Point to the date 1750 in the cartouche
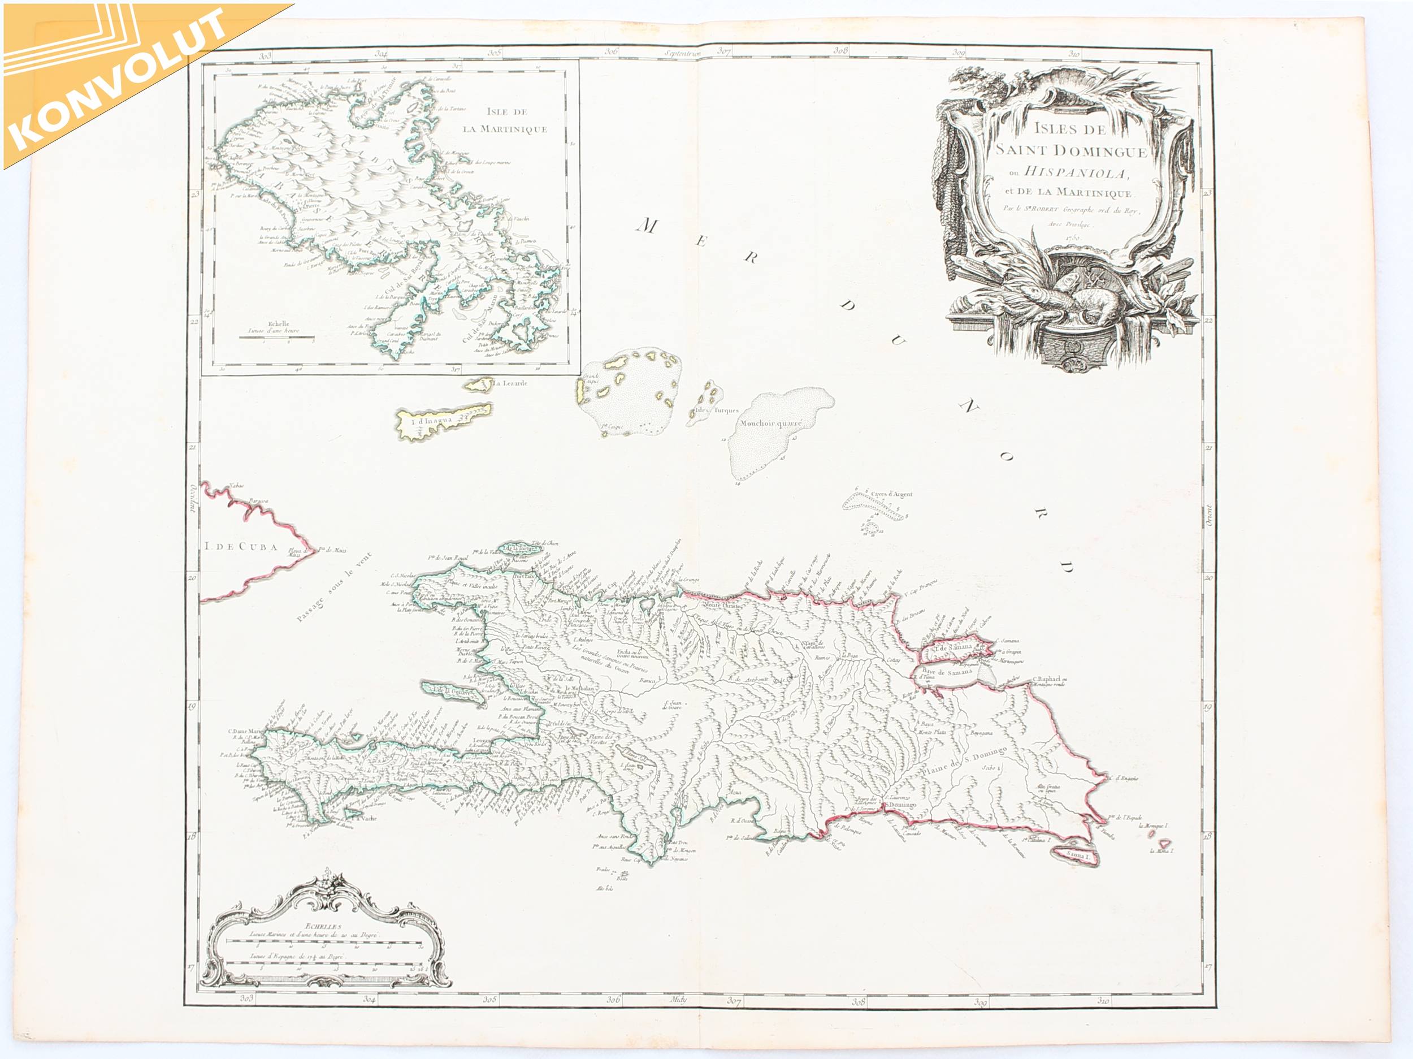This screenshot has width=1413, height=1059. point(1074,237)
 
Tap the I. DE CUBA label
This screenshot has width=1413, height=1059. point(237,546)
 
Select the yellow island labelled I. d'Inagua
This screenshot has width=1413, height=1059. point(441,421)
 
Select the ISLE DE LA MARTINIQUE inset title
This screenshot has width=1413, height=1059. point(505,122)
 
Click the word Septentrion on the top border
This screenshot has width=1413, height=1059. point(683,54)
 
